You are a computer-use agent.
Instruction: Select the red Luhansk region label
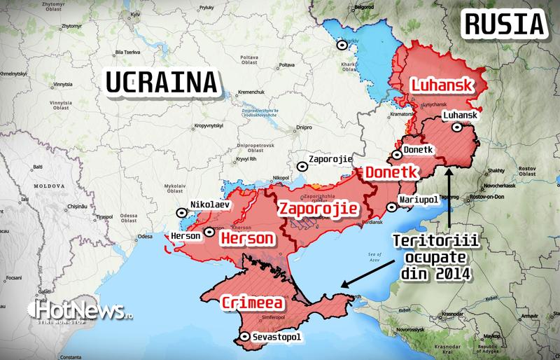[440, 85]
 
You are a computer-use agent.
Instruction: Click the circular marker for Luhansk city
[458, 127]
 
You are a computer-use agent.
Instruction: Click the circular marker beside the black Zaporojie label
[302, 166]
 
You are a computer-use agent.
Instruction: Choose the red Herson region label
[246, 239]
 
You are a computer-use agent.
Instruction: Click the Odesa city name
[145, 237]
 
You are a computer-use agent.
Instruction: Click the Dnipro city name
[304, 127]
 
